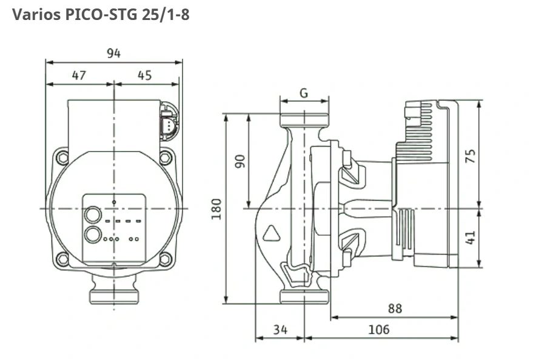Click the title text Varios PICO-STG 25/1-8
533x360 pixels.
(101, 15)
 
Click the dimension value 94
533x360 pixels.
(113, 53)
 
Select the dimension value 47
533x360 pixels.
(79, 75)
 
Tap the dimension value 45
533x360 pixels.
(144, 75)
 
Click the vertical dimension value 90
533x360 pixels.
(240, 161)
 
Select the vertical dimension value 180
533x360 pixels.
(216, 208)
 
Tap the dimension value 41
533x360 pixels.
(471, 237)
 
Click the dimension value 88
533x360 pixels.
(395, 308)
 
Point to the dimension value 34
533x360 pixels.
(280, 330)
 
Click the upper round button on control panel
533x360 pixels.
(93, 215)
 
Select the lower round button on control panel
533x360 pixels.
(93, 235)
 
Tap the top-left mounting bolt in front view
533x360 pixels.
(62, 158)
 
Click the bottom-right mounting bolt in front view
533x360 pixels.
(165, 260)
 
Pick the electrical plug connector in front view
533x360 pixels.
(169, 124)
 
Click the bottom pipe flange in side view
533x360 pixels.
(304, 296)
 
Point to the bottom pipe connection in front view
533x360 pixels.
(114, 296)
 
